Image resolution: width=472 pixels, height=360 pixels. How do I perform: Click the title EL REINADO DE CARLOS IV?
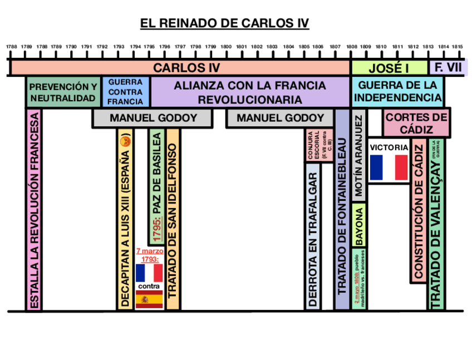tap(224, 23)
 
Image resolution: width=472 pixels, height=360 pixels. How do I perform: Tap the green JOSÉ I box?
tap(389, 68)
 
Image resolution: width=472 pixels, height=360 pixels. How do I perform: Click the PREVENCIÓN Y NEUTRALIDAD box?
tap(63, 92)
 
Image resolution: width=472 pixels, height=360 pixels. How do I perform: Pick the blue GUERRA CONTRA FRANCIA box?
tap(125, 92)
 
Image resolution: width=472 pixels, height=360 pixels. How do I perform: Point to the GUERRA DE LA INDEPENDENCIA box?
tap(397, 92)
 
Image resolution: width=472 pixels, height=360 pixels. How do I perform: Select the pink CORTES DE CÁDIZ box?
tap(416, 123)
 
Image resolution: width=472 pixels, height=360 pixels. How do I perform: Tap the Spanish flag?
tap(149, 299)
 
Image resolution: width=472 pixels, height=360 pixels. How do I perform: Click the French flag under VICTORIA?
tap(389, 167)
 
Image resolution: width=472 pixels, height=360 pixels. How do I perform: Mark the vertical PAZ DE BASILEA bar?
tap(157, 187)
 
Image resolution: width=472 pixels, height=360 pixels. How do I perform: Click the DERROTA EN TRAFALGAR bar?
tap(313, 236)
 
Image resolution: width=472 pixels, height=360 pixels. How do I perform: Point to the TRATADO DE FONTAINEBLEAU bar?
tap(342, 217)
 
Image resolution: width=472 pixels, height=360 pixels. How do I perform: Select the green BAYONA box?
tap(359, 226)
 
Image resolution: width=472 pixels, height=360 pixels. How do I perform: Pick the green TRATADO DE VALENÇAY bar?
tap(436, 234)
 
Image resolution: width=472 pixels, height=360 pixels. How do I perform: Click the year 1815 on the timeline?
tap(457, 47)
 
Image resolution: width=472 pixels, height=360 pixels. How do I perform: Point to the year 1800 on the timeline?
tap(225, 47)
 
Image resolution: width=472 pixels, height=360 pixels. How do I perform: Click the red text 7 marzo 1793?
tap(149, 255)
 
